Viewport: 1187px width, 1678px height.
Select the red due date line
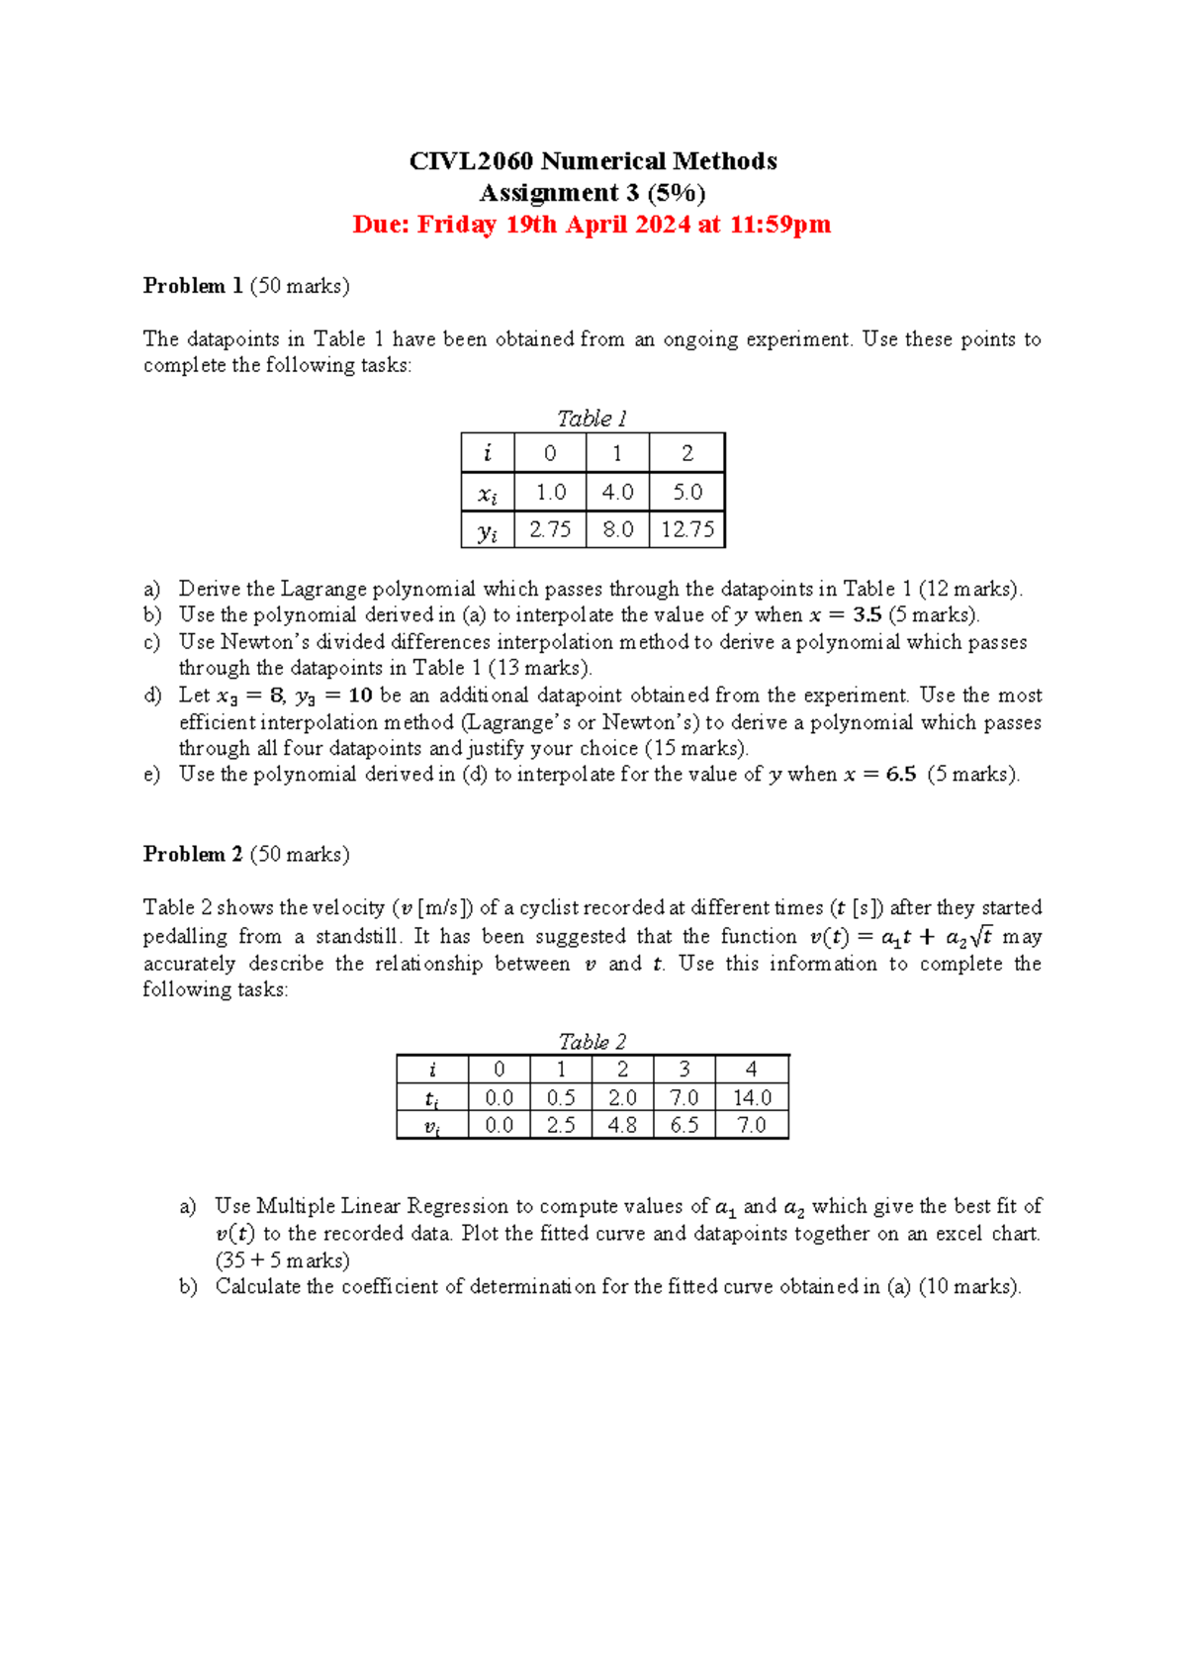pos(592,225)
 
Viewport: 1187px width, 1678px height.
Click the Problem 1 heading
pos(193,286)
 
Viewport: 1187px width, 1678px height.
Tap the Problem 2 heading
pos(193,854)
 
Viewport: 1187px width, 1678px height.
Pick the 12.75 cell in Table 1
pos(687,529)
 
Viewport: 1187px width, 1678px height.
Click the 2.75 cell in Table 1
pos(550,529)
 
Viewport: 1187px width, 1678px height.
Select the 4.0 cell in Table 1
pos(617,492)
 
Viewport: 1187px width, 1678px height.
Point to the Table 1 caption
pos(592,419)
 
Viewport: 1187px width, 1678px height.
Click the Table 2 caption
pos(592,1042)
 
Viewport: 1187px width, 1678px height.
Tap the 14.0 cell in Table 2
pos(752,1097)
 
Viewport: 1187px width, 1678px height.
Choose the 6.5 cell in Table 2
pos(684,1125)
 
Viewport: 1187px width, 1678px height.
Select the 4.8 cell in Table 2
pos(622,1125)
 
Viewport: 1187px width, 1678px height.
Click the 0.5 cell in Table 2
pos(561,1097)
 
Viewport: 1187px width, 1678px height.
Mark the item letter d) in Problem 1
pos(152,696)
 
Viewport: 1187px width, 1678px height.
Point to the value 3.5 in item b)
pos(867,614)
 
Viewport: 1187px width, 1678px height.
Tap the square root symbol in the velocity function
pos(980,936)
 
